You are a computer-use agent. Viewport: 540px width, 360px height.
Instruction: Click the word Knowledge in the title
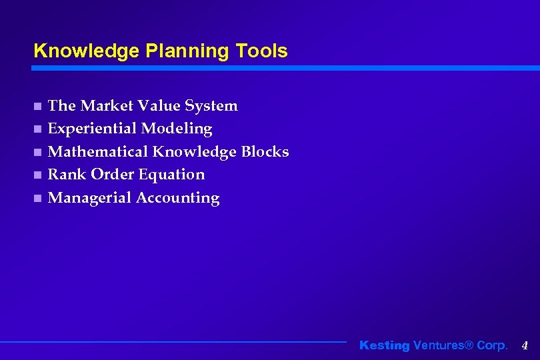point(75,51)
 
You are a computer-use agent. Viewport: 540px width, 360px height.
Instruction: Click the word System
point(211,105)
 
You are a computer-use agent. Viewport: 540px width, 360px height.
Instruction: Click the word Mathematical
point(98,151)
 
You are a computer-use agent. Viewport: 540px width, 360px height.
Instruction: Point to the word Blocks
point(265,151)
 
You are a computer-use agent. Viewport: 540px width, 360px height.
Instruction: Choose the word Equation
point(174,175)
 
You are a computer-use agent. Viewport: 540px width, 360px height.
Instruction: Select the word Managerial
point(90,198)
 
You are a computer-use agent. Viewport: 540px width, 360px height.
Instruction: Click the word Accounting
point(178,198)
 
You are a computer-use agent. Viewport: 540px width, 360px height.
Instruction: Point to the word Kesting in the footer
point(385,345)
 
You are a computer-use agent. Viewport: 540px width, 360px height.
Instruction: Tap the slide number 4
point(525,345)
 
